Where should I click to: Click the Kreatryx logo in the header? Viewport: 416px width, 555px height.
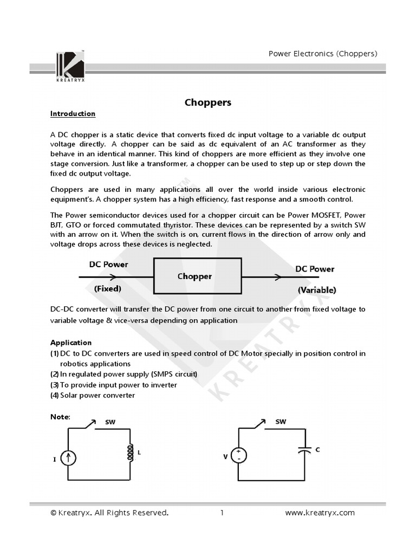70,66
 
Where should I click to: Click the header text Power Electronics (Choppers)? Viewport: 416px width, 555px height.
323,54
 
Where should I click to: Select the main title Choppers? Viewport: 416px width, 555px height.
208,102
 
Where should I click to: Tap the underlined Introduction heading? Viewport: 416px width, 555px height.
73,114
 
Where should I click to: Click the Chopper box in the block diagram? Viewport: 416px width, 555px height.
198,276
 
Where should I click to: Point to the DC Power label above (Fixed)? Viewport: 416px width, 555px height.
108,264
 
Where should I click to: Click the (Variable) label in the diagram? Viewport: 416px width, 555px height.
316,290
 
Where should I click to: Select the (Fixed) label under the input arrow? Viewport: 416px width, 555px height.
108,289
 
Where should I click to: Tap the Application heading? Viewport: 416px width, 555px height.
71,343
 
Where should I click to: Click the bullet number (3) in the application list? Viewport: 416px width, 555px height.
54,385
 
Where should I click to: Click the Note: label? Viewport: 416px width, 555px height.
60,416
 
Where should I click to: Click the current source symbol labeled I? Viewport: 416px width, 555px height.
68,459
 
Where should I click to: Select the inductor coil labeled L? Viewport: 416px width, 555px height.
130,453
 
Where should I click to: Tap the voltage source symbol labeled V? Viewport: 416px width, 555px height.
238,456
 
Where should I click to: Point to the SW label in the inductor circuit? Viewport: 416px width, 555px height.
110,422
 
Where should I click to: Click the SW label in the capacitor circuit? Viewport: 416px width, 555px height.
281,421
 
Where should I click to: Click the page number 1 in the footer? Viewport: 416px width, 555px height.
222,513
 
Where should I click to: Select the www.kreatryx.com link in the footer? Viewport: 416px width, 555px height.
320,513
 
